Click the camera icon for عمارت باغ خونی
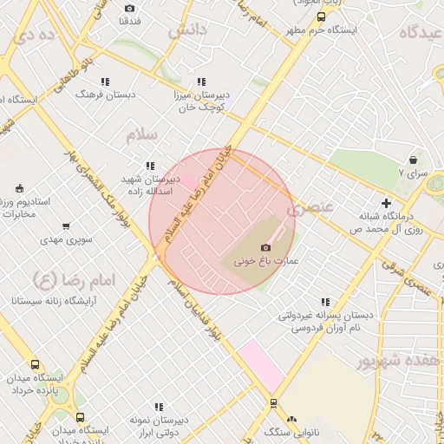[265, 247]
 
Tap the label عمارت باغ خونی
[260, 260]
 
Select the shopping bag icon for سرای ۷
[412, 160]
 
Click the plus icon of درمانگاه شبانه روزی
[387, 203]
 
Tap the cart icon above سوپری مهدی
[67, 225]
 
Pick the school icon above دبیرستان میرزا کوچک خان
[201, 82]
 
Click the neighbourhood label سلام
[143, 134]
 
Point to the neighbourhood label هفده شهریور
[392, 361]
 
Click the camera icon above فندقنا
[130, 8]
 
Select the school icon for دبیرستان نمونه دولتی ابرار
[158, 407]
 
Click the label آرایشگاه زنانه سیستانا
[51, 301]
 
